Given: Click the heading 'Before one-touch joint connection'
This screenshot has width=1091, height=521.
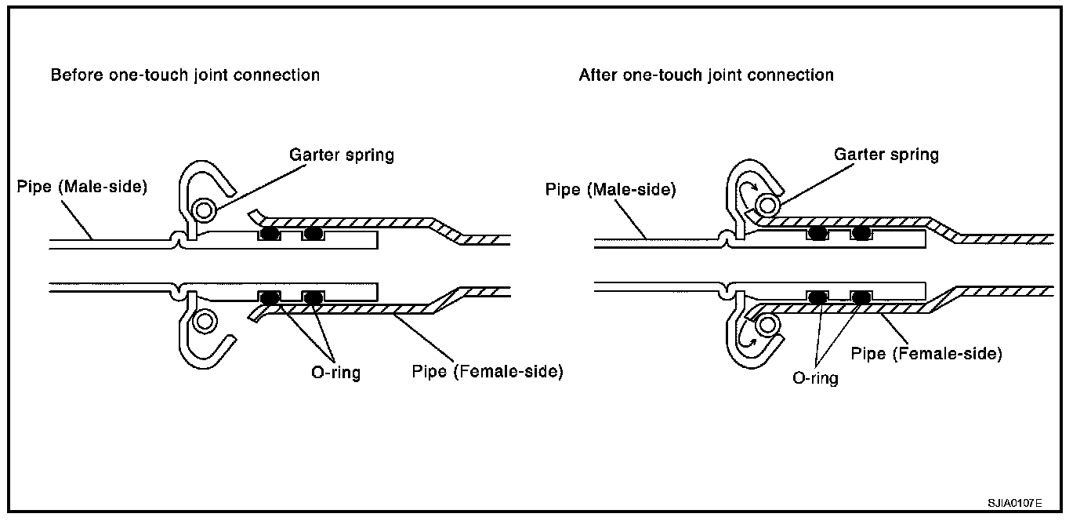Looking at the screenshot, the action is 185,75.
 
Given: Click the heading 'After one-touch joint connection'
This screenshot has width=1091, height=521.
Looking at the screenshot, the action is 706,75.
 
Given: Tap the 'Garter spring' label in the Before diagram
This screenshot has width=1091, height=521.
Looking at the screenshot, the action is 342,155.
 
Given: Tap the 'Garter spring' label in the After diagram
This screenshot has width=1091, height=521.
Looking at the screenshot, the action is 886,155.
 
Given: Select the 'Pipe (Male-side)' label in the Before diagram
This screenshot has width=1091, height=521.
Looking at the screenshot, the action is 82,187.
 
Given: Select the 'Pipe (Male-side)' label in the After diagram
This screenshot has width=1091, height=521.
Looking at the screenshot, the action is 611,190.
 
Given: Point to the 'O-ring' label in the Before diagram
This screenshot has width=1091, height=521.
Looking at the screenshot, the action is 336,373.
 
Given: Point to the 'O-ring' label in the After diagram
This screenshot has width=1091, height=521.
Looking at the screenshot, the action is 815,378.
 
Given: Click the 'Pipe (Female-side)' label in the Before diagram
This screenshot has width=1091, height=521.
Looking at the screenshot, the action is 488,372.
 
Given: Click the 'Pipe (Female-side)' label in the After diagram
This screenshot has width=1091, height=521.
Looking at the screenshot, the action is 926,354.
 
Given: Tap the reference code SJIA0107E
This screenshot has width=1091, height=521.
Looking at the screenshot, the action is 1014,503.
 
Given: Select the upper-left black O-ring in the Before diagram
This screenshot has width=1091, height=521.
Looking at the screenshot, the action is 269,234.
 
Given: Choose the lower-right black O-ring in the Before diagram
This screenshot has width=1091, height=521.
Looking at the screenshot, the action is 314,297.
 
